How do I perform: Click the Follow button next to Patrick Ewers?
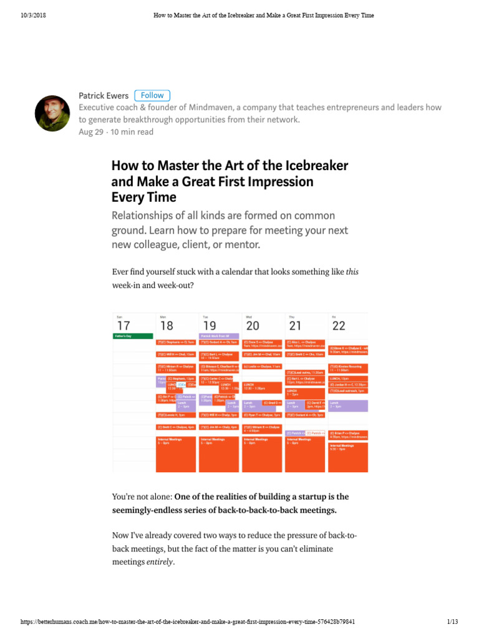coord(152,95)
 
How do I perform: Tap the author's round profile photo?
coord(52,113)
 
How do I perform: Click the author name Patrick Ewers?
coord(104,95)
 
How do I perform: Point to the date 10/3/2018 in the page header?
coord(33,15)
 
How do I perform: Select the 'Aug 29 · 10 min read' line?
coord(116,132)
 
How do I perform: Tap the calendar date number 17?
coord(123,326)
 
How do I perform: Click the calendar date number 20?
coord(253,326)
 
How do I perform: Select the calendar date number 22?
coord(339,326)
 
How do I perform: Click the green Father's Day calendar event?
coord(133,336)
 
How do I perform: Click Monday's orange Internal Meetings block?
coord(175,454)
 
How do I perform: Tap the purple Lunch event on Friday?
coord(349,406)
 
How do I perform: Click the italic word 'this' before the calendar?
coord(352,272)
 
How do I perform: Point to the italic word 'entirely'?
coord(160,562)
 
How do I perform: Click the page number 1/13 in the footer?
coord(453,622)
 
